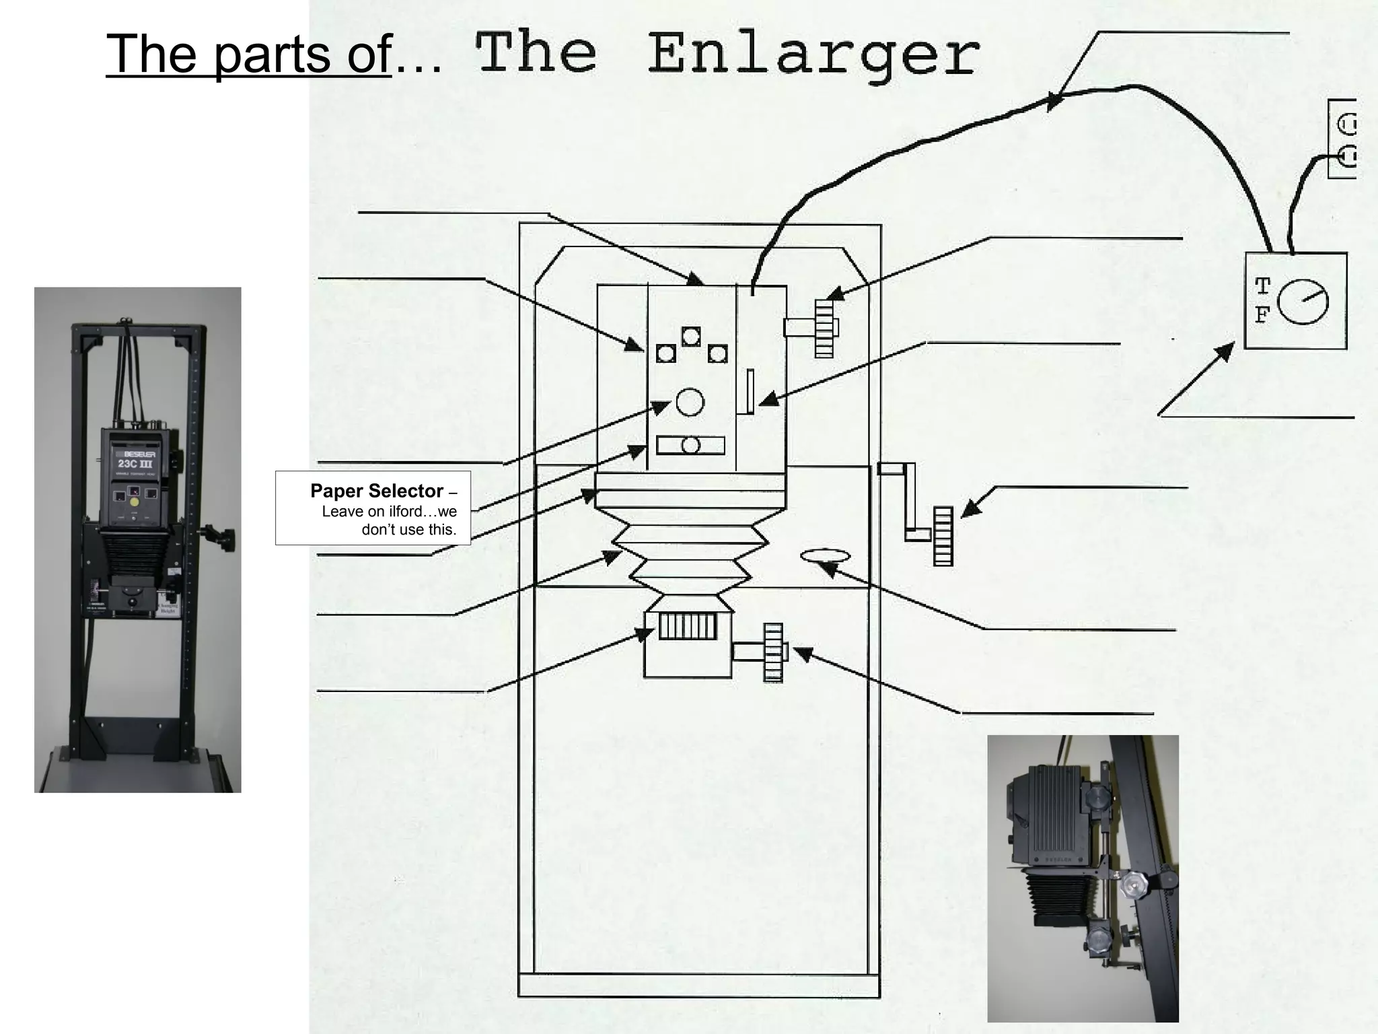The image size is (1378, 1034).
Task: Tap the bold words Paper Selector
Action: click(x=376, y=491)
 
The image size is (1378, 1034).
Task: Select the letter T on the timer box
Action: click(x=1262, y=287)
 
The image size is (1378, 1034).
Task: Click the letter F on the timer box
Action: click(x=1262, y=314)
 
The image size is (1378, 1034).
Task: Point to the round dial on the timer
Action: click(x=1303, y=302)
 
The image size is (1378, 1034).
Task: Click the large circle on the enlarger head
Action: click(x=690, y=402)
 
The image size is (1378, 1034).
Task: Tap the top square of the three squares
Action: click(x=691, y=336)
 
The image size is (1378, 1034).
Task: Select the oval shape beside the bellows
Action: click(x=825, y=555)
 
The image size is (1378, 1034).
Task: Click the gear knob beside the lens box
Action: click(x=773, y=652)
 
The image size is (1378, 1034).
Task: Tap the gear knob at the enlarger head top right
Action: click(x=824, y=329)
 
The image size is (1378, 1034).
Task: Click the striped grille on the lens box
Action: click(x=687, y=626)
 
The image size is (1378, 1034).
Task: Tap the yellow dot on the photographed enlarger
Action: click(x=135, y=502)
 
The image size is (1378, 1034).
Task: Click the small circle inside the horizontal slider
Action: click(x=690, y=446)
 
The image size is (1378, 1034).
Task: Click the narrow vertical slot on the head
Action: click(x=750, y=391)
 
